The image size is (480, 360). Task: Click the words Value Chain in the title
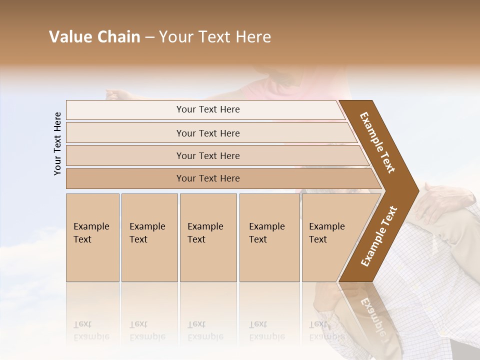click(94, 37)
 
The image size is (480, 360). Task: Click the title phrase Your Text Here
click(215, 37)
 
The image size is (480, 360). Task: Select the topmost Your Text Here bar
click(208, 109)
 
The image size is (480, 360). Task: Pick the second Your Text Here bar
click(208, 133)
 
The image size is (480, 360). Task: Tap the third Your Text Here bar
click(208, 155)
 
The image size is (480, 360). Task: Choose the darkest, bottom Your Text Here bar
click(208, 178)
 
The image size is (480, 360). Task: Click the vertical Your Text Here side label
click(57, 143)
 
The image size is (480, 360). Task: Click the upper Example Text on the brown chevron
click(377, 142)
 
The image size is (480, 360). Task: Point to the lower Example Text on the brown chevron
click(379, 236)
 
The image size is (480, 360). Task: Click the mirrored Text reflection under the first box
click(82, 324)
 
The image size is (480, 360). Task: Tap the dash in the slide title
click(149, 37)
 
